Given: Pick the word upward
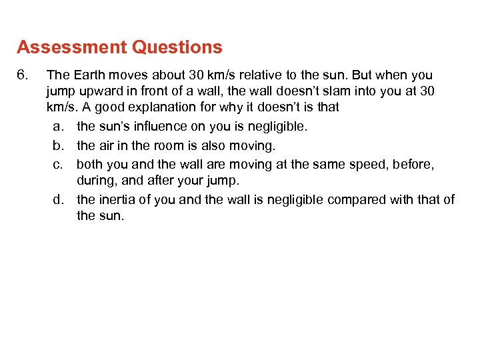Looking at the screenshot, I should [x=95, y=90].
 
